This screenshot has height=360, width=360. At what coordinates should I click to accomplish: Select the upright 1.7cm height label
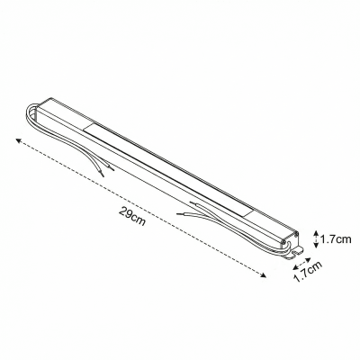click(x=337, y=238)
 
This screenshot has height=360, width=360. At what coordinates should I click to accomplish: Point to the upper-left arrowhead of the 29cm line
click(x=16, y=140)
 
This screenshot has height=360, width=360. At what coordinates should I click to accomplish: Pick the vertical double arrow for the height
click(x=315, y=238)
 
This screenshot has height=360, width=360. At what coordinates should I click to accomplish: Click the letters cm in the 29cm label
click(x=139, y=221)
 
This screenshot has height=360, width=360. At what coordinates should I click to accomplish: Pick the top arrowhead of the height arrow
click(x=315, y=230)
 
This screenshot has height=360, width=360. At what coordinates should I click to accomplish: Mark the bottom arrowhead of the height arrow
click(x=315, y=247)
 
